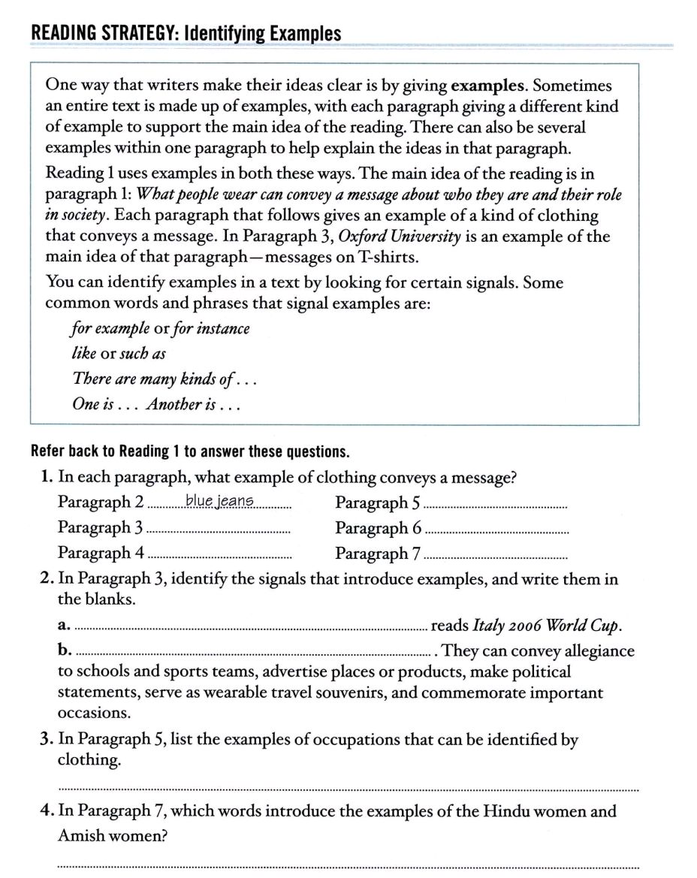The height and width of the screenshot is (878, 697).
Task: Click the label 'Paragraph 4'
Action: point(101,554)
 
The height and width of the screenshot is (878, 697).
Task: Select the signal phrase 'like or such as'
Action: point(118,354)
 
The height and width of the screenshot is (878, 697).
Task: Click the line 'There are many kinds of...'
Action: point(164,379)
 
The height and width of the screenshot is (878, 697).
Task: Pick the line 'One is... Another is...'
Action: point(158,404)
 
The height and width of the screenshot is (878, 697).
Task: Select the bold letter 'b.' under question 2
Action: point(65,651)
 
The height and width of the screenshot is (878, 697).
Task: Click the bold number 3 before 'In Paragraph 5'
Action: point(45,740)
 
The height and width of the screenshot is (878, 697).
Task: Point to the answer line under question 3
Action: point(348,788)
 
